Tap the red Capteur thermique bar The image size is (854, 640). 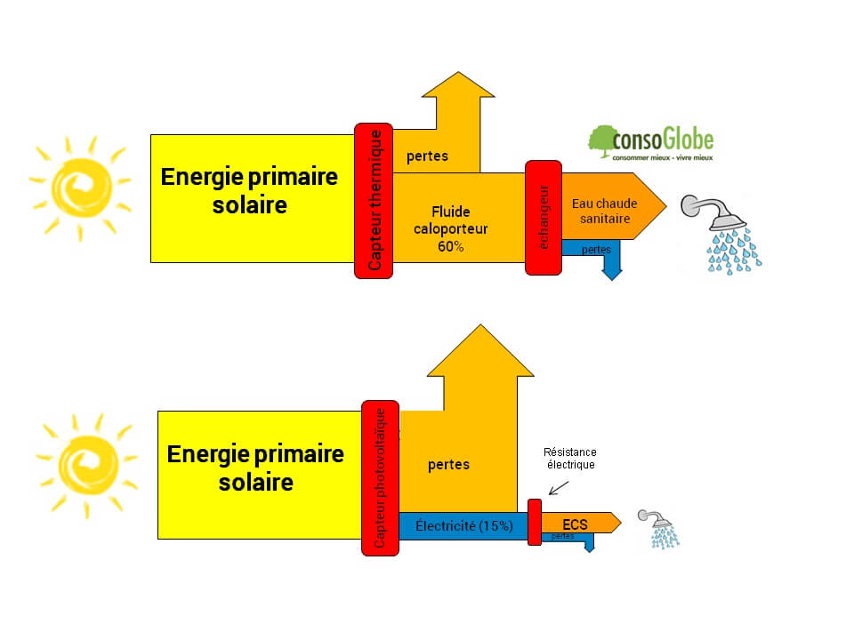(374, 200)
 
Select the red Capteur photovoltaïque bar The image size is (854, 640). (380, 478)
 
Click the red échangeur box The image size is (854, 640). (544, 218)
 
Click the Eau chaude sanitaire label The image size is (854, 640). (604, 211)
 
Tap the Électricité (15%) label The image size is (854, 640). (463, 525)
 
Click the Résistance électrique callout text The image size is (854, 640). (570, 458)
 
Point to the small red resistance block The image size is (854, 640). (535, 522)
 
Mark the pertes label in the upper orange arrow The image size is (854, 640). (427, 156)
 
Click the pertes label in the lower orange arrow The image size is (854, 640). (448, 464)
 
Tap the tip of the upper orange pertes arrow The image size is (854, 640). (457, 75)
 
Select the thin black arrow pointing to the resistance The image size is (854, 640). (560, 486)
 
